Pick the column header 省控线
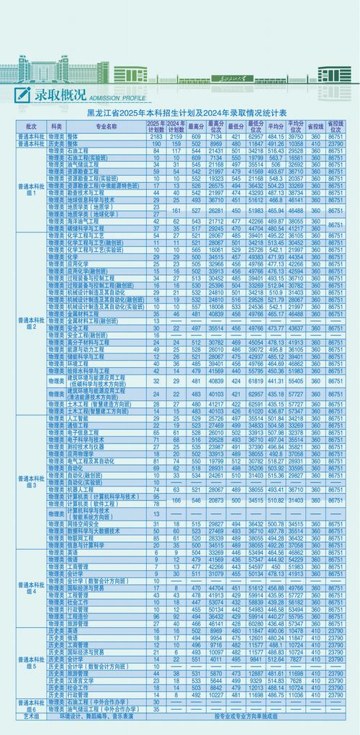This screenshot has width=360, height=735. (315, 126)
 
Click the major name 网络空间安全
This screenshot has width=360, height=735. (85, 524)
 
